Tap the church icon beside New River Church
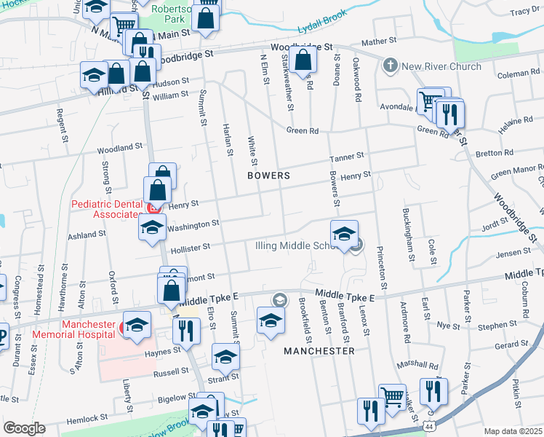pos(390,66)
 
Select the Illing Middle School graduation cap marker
pos(344,234)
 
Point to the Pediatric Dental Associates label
pos(105,209)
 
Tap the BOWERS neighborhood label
pos(268,176)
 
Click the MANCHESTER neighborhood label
pos(319,350)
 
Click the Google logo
pos(25,428)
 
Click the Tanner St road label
pos(345,158)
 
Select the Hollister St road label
pos(190,249)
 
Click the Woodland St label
pos(120,148)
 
